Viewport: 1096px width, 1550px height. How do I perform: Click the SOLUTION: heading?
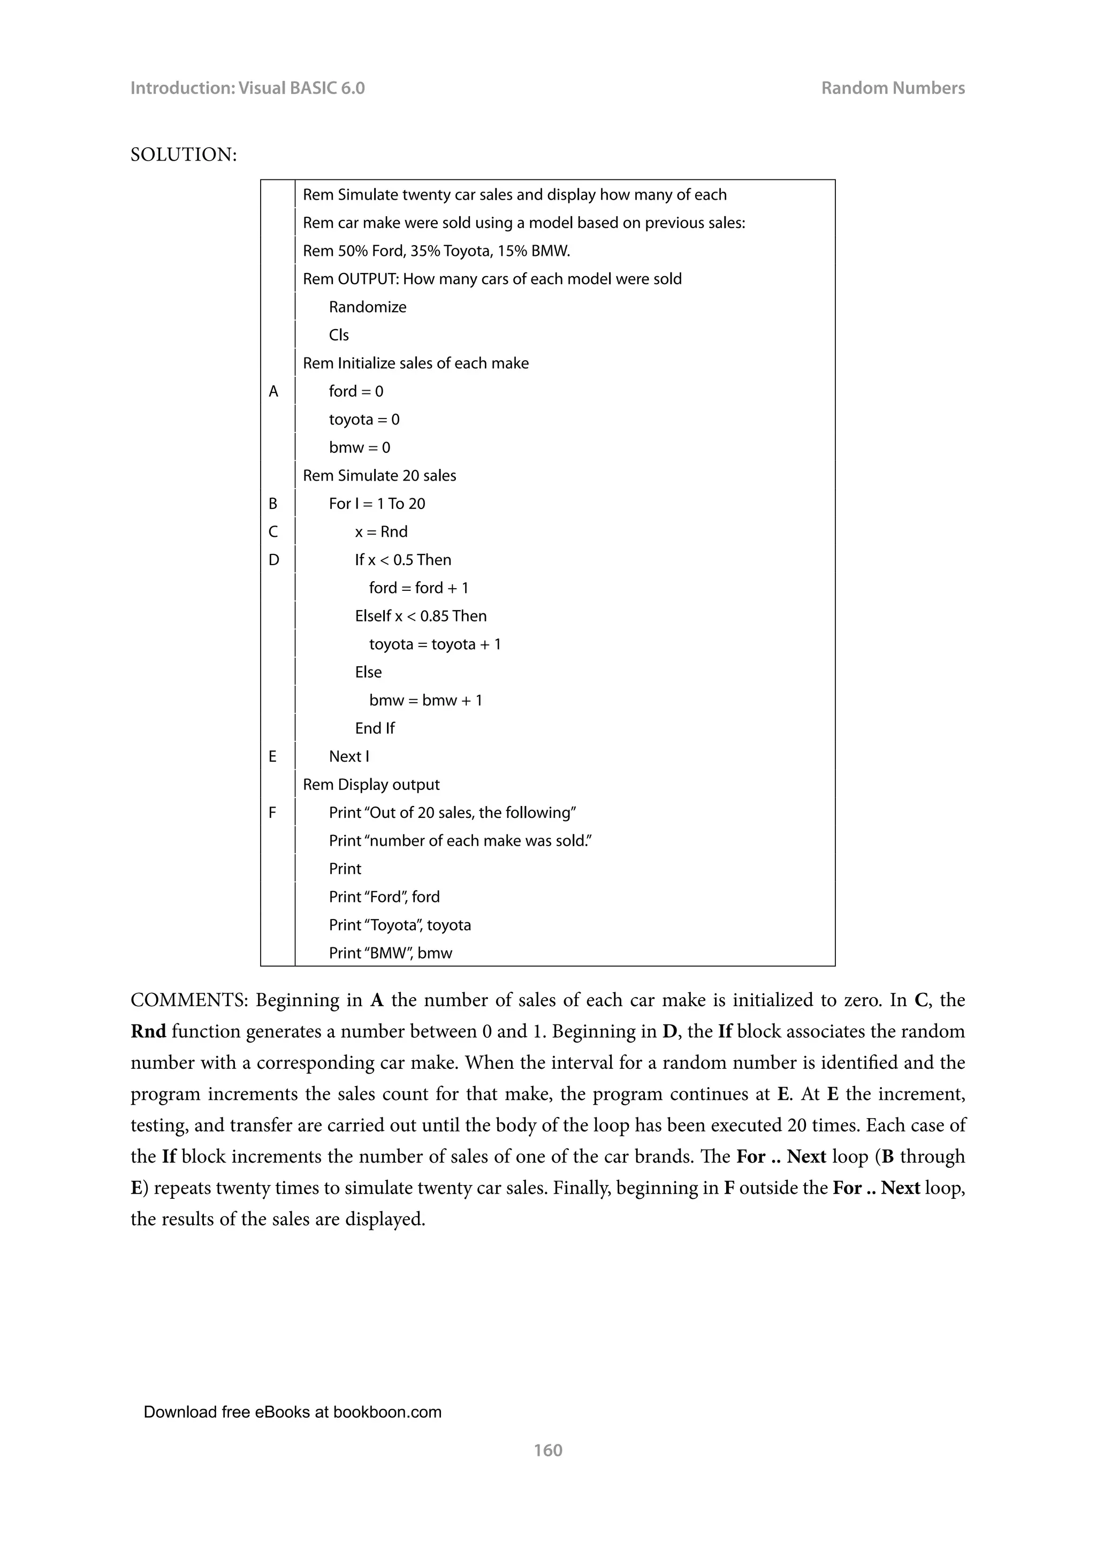tap(184, 155)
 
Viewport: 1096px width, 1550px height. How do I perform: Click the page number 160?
tap(547, 1449)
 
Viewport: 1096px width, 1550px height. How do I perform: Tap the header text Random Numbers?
tap(892, 88)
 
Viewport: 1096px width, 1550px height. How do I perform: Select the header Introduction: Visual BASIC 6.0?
tap(247, 88)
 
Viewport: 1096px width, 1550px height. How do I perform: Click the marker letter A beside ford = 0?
tap(273, 392)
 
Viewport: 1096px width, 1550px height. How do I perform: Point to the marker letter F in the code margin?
tap(272, 813)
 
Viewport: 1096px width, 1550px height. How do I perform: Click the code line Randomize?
tap(367, 307)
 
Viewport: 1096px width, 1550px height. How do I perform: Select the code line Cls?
tap(339, 336)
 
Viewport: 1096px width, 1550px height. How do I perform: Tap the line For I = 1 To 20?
tap(377, 504)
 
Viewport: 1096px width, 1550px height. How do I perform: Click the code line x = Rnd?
tap(382, 532)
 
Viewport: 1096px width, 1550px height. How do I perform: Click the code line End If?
tap(375, 728)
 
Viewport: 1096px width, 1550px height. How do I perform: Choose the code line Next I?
tap(349, 757)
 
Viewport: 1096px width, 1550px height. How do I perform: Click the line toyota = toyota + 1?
tap(435, 644)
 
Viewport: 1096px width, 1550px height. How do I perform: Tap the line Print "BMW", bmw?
tap(390, 953)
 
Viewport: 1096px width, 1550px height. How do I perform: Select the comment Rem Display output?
tap(371, 785)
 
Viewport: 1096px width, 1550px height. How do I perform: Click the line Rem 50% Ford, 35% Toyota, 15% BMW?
tap(436, 251)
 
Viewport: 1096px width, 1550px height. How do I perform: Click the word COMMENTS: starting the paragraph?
tap(189, 1000)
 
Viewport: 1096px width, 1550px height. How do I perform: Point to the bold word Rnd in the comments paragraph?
tap(148, 1031)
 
